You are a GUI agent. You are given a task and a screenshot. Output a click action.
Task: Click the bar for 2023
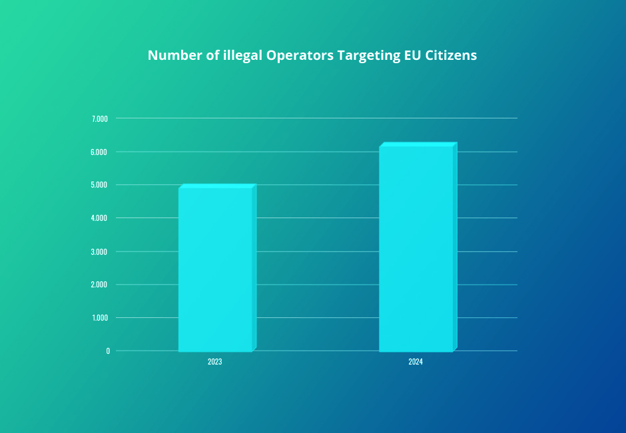click(215, 269)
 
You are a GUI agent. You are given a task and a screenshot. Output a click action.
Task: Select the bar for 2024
click(416, 248)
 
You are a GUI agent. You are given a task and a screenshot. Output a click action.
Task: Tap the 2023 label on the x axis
click(214, 362)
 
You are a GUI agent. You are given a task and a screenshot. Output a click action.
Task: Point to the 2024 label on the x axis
click(416, 362)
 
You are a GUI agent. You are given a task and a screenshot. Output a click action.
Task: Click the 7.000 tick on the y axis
click(99, 119)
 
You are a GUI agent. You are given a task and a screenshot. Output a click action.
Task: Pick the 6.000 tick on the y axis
click(99, 152)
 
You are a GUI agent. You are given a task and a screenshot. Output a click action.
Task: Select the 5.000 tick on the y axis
click(99, 185)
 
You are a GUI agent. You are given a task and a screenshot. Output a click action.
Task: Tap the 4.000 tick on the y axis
click(99, 218)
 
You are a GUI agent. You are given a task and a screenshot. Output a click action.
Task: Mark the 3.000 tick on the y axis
click(99, 252)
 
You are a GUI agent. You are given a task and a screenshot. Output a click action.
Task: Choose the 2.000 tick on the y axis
click(99, 285)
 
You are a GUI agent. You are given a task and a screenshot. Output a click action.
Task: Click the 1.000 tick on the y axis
click(99, 318)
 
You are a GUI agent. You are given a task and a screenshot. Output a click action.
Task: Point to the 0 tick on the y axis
click(107, 351)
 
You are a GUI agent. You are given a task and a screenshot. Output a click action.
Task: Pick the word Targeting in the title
click(368, 55)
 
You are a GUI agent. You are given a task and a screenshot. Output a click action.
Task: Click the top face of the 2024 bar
click(418, 144)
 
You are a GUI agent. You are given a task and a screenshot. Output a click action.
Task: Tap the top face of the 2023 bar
click(217, 186)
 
